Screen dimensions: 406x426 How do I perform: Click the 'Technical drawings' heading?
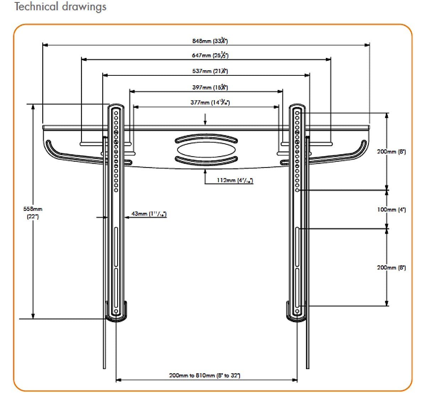[x=60, y=7]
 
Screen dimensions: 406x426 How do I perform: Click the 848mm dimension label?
[x=210, y=41]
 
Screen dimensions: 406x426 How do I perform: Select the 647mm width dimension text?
[x=210, y=55]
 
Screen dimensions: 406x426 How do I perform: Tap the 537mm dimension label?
[x=210, y=71]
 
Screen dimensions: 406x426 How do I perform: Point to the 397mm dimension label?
[x=210, y=87]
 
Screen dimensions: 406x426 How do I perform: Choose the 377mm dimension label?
[x=210, y=103]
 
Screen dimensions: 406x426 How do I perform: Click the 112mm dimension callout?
[x=235, y=181]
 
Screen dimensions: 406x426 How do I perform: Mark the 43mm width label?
[x=149, y=214]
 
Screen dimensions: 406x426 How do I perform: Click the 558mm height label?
[x=33, y=213]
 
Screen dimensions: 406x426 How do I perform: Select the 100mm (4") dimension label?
[x=391, y=210]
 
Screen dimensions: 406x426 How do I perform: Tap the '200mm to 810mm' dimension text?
[x=204, y=375]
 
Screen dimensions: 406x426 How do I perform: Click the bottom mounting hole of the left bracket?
[x=116, y=311]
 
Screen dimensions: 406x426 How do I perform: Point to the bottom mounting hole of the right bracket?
[x=297, y=311]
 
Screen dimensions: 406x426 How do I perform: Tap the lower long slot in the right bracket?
[x=297, y=287]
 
